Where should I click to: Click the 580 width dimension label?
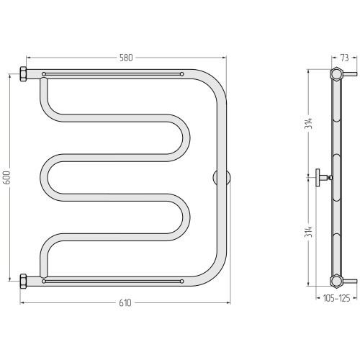click(x=126, y=58)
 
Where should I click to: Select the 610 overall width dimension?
click(x=125, y=303)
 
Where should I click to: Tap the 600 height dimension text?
click(x=7, y=178)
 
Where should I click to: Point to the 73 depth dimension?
click(x=344, y=58)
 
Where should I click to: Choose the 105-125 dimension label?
click(x=336, y=298)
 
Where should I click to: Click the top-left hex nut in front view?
click(x=23, y=74)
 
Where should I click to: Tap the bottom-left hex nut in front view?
click(x=23, y=282)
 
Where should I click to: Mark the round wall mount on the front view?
click(x=222, y=178)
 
